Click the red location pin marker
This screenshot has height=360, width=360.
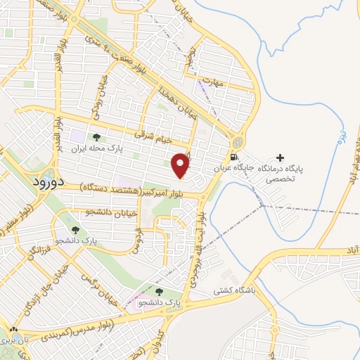point(181,165)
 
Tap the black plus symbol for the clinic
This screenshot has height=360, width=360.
point(281,157)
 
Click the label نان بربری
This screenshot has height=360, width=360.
point(15,340)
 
